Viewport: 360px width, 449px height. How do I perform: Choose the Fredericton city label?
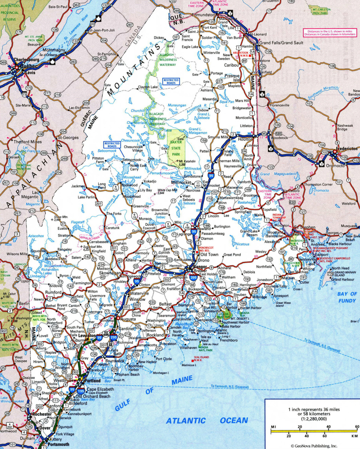tap(346, 149)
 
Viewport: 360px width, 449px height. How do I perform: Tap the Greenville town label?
tap(142, 206)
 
